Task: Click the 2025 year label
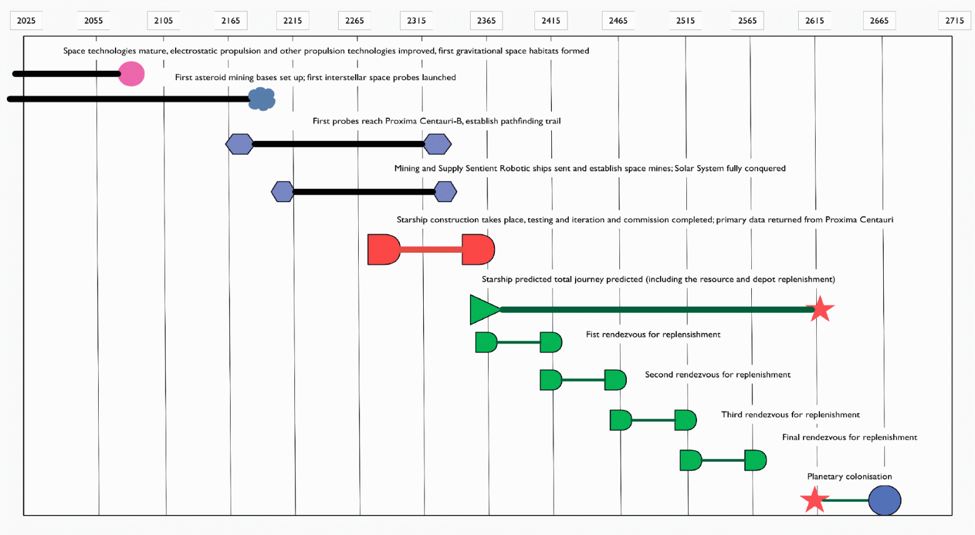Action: pyautogui.click(x=26, y=21)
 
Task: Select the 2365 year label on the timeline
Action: pyautogui.click(x=486, y=21)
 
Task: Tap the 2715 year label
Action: pyautogui.click(x=954, y=21)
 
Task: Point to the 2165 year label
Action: pyautogui.click(x=231, y=21)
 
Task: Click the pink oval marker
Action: pyautogui.click(x=131, y=74)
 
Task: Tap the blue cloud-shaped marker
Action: pyautogui.click(x=262, y=99)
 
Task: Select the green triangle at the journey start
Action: pyautogui.click(x=482, y=309)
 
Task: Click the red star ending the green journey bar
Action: pyautogui.click(x=820, y=309)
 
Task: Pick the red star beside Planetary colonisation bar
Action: pyautogui.click(x=814, y=500)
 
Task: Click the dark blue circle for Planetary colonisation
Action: pyautogui.click(x=884, y=500)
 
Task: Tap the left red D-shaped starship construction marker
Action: pyautogui.click(x=383, y=250)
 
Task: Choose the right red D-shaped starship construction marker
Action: pyautogui.click(x=478, y=250)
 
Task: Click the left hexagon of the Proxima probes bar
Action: pyautogui.click(x=239, y=144)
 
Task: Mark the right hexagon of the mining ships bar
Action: pyautogui.click(x=445, y=191)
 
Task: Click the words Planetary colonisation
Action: pyautogui.click(x=849, y=477)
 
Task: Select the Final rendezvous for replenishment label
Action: pyautogui.click(x=849, y=437)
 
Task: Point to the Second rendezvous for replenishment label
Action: pyautogui.click(x=717, y=375)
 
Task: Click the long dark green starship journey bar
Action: pyautogui.click(x=656, y=309)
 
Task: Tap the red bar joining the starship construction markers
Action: pyautogui.click(x=431, y=250)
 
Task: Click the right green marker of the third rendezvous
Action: pyautogui.click(x=686, y=420)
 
